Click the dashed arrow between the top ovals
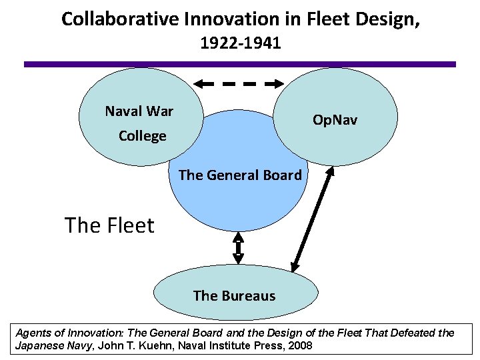pyautogui.click(x=239, y=85)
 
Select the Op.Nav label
pyautogui.click(x=335, y=120)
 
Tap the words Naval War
pyautogui.click(x=139, y=111)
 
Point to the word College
pyautogui.click(x=142, y=136)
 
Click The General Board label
pyautogui.click(x=240, y=175)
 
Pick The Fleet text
pyautogui.click(x=109, y=225)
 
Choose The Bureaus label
pyautogui.click(x=234, y=295)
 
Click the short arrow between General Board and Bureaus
pyautogui.click(x=238, y=248)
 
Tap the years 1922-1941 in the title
pyautogui.click(x=240, y=45)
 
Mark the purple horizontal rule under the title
pyautogui.click(x=240, y=64)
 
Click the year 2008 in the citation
pyautogui.click(x=297, y=347)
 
